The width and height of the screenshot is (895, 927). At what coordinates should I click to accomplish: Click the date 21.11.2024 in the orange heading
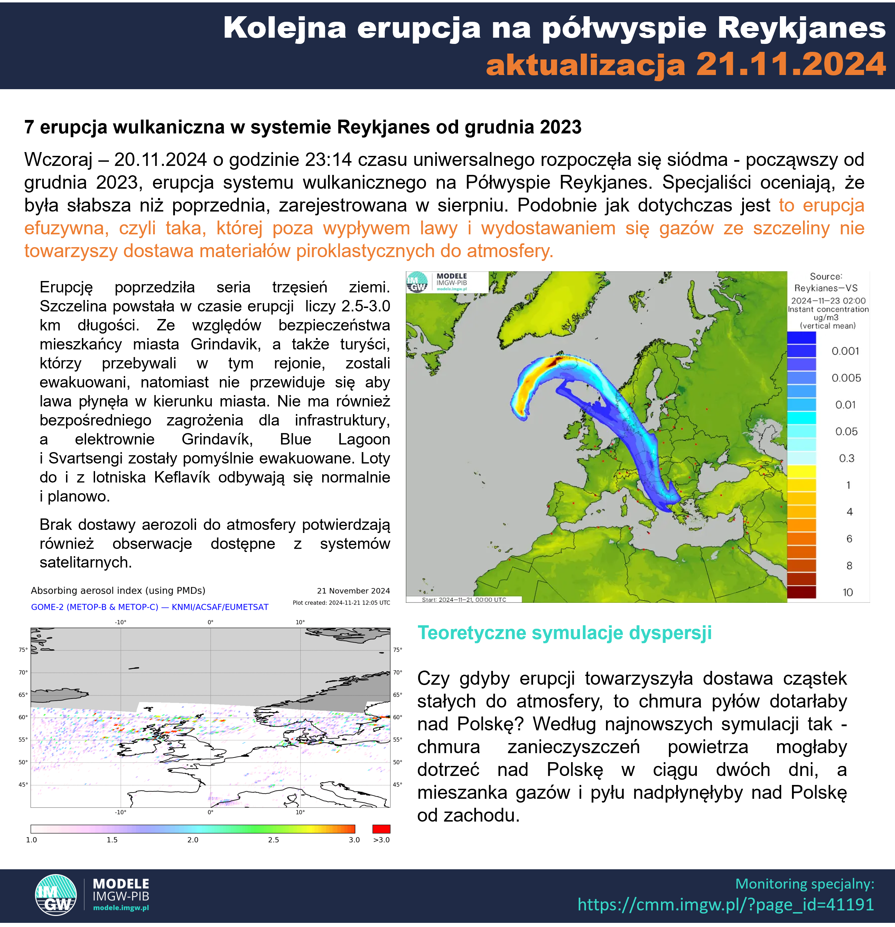(x=791, y=64)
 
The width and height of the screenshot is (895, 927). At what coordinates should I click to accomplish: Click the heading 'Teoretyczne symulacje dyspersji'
(x=564, y=633)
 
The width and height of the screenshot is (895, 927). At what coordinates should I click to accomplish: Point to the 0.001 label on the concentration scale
(x=845, y=351)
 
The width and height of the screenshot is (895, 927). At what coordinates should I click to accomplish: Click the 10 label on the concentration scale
(x=848, y=592)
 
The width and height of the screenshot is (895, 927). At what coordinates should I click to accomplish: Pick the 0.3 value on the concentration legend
(x=846, y=458)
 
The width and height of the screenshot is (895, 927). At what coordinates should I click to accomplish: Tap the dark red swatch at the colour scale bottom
(x=801, y=592)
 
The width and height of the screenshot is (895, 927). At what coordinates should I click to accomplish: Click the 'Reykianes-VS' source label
(x=826, y=288)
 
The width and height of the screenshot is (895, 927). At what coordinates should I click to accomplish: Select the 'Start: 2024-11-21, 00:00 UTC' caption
(x=464, y=600)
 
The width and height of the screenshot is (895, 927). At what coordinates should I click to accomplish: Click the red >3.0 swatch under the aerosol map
(x=381, y=828)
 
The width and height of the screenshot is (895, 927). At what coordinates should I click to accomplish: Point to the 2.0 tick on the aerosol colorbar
(x=193, y=840)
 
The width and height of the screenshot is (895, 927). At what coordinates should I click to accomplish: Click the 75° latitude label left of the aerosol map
(x=23, y=650)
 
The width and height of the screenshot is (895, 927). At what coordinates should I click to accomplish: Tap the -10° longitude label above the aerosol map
(x=121, y=622)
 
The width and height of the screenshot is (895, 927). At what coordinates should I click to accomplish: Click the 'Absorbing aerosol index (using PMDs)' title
(x=118, y=590)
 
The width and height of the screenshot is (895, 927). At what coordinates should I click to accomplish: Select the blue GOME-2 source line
(x=149, y=607)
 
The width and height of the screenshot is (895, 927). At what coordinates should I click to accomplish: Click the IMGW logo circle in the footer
(x=56, y=895)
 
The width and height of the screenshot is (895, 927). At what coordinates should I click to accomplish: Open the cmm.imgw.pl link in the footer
(x=725, y=904)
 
